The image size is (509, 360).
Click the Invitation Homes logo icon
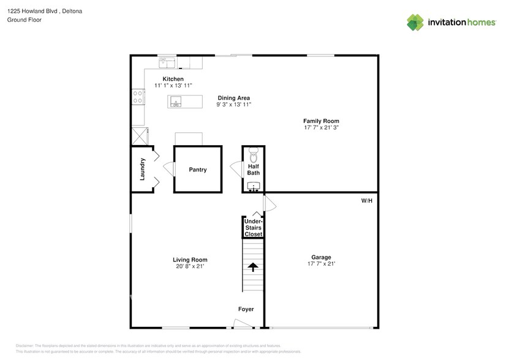(x=415, y=22)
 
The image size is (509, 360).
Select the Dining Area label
(x=233, y=98)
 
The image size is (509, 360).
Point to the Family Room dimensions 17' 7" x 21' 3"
(x=322, y=128)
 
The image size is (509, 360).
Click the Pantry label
(x=197, y=170)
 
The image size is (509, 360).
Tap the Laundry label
(x=142, y=170)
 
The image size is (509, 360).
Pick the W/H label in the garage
(x=367, y=201)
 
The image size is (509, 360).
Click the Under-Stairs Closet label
(x=254, y=227)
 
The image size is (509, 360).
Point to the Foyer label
(x=246, y=309)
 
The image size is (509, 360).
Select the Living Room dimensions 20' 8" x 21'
(x=190, y=266)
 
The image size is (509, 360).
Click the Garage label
(x=321, y=257)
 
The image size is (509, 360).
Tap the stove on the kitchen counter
(x=137, y=97)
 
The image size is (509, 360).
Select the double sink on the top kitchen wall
(x=167, y=62)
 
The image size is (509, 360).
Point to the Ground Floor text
(x=23, y=20)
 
